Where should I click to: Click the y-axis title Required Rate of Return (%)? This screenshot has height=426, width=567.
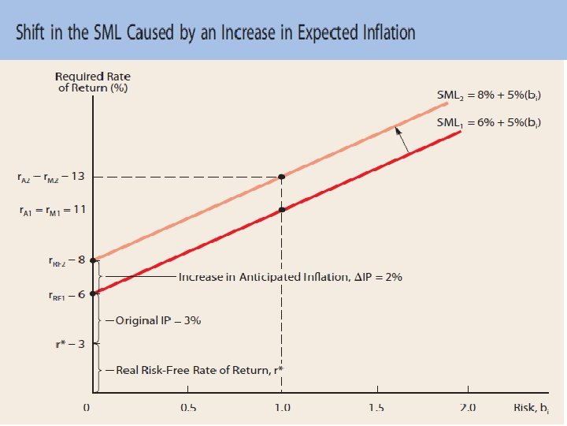pyautogui.click(x=93, y=81)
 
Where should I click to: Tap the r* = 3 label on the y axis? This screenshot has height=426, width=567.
pyautogui.click(x=72, y=343)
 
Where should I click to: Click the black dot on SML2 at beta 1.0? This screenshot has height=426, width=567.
pyautogui.click(x=282, y=177)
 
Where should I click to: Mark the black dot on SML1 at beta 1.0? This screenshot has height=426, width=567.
pyautogui.click(x=282, y=210)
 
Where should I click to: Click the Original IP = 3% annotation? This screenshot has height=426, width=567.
pyautogui.click(x=158, y=321)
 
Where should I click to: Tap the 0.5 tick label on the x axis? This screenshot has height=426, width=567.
pyautogui.click(x=188, y=408)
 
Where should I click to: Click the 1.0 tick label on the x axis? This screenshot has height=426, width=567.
pyautogui.click(x=282, y=408)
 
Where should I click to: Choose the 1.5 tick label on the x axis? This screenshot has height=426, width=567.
pyautogui.click(x=376, y=408)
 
